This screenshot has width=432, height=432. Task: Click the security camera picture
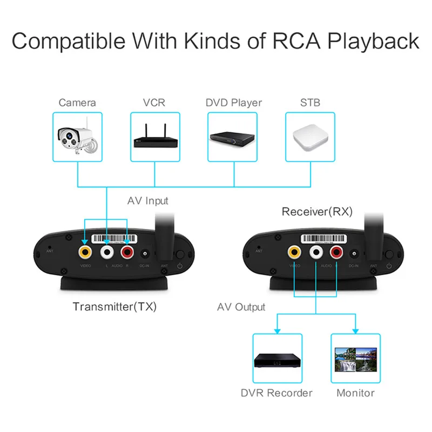[77, 137]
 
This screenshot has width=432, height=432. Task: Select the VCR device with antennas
[155, 137]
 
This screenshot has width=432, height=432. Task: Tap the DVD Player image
[233, 137]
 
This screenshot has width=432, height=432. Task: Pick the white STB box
[310, 137]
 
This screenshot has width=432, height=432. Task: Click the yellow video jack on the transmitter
[85, 251]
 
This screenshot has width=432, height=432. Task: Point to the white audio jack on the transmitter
[107, 251]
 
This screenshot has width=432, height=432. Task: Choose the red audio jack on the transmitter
[128, 251]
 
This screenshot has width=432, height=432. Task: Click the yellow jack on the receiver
[294, 251]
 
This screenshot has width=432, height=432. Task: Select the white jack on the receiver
[316, 251]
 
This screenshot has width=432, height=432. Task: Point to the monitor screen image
[355, 359]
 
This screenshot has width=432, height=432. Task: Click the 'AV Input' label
[147, 201]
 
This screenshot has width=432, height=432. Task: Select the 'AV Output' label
[241, 307]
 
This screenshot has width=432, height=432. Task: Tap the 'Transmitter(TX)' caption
[114, 307]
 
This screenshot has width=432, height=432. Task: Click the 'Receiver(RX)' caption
[317, 212]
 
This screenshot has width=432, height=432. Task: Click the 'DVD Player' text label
[233, 103]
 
